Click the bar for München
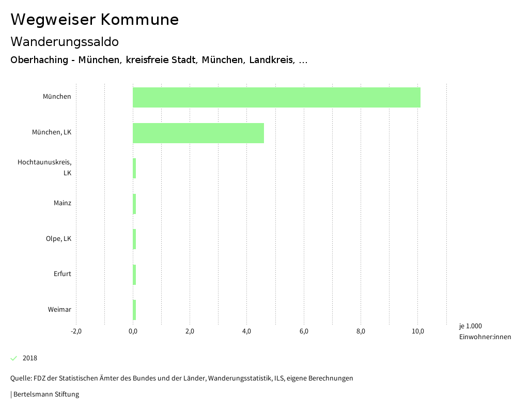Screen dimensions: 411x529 click(x=276, y=97)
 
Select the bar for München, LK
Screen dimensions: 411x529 click(x=198, y=133)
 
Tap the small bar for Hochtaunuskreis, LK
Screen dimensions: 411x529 click(x=134, y=169)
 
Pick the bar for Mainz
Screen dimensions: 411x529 click(x=134, y=204)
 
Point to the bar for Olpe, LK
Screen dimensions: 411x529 click(x=134, y=239)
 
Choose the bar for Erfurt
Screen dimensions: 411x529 click(x=134, y=275)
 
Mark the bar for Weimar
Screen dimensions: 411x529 click(x=134, y=310)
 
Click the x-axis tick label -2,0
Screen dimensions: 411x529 click(x=76, y=331)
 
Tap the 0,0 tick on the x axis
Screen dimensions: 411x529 click(x=133, y=331)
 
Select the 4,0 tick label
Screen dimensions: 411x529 click(x=247, y=331)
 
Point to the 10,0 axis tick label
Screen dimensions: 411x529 click(x=418, y=331)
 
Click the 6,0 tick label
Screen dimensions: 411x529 click(x=304, y=331)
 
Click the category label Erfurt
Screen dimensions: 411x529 click(x=62, y=274)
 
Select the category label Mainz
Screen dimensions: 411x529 click(x=62, y=203)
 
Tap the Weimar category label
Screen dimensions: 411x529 click(x=59, y=310)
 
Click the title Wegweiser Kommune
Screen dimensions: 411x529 click(x=95, y=20)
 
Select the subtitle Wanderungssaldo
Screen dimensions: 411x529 click(x=65, y=41)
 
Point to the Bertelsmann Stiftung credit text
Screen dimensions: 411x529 click(x=45, y=394)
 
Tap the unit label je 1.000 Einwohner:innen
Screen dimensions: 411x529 click(x=484, y=331)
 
